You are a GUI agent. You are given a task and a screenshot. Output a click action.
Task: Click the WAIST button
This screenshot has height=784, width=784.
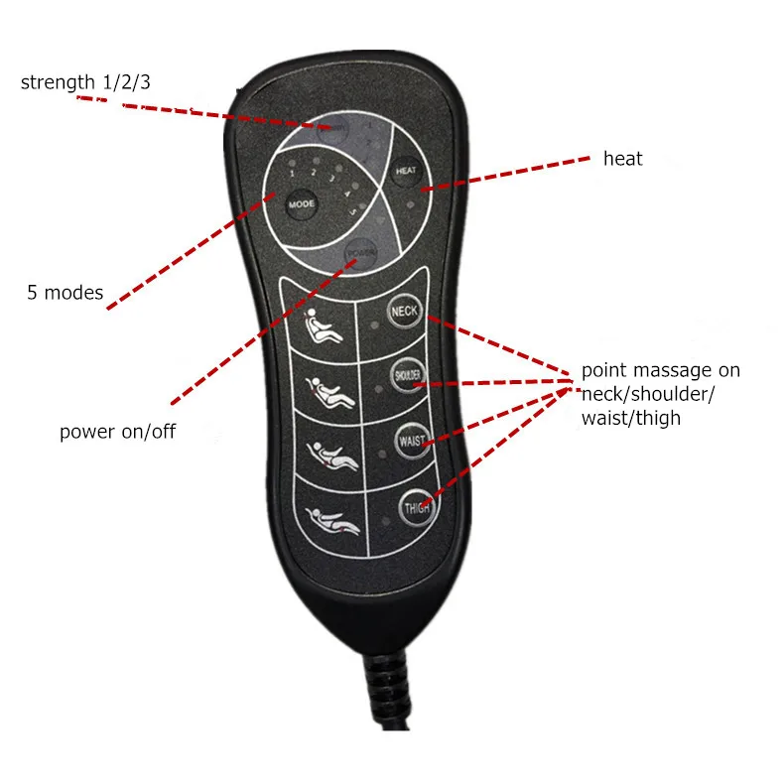coord(411,440)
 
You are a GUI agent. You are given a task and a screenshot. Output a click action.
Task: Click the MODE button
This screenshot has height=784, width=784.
coord(302,204)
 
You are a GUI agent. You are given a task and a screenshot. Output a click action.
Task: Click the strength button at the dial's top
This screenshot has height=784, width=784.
coord(335,127)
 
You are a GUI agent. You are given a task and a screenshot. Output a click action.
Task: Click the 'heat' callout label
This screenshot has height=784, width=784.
coord(622,159)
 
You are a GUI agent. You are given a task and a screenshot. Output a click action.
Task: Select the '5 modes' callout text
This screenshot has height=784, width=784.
coord(65,293)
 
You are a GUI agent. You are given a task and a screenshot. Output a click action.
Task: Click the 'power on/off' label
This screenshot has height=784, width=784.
coord(117,432)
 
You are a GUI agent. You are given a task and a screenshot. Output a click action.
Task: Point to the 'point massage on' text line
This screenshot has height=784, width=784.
coord(660,371)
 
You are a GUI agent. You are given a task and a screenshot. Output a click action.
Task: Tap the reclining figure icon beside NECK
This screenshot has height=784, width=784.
coord(326,326)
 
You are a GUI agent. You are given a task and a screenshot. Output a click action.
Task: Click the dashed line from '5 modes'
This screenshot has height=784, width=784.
coord(189,252)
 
